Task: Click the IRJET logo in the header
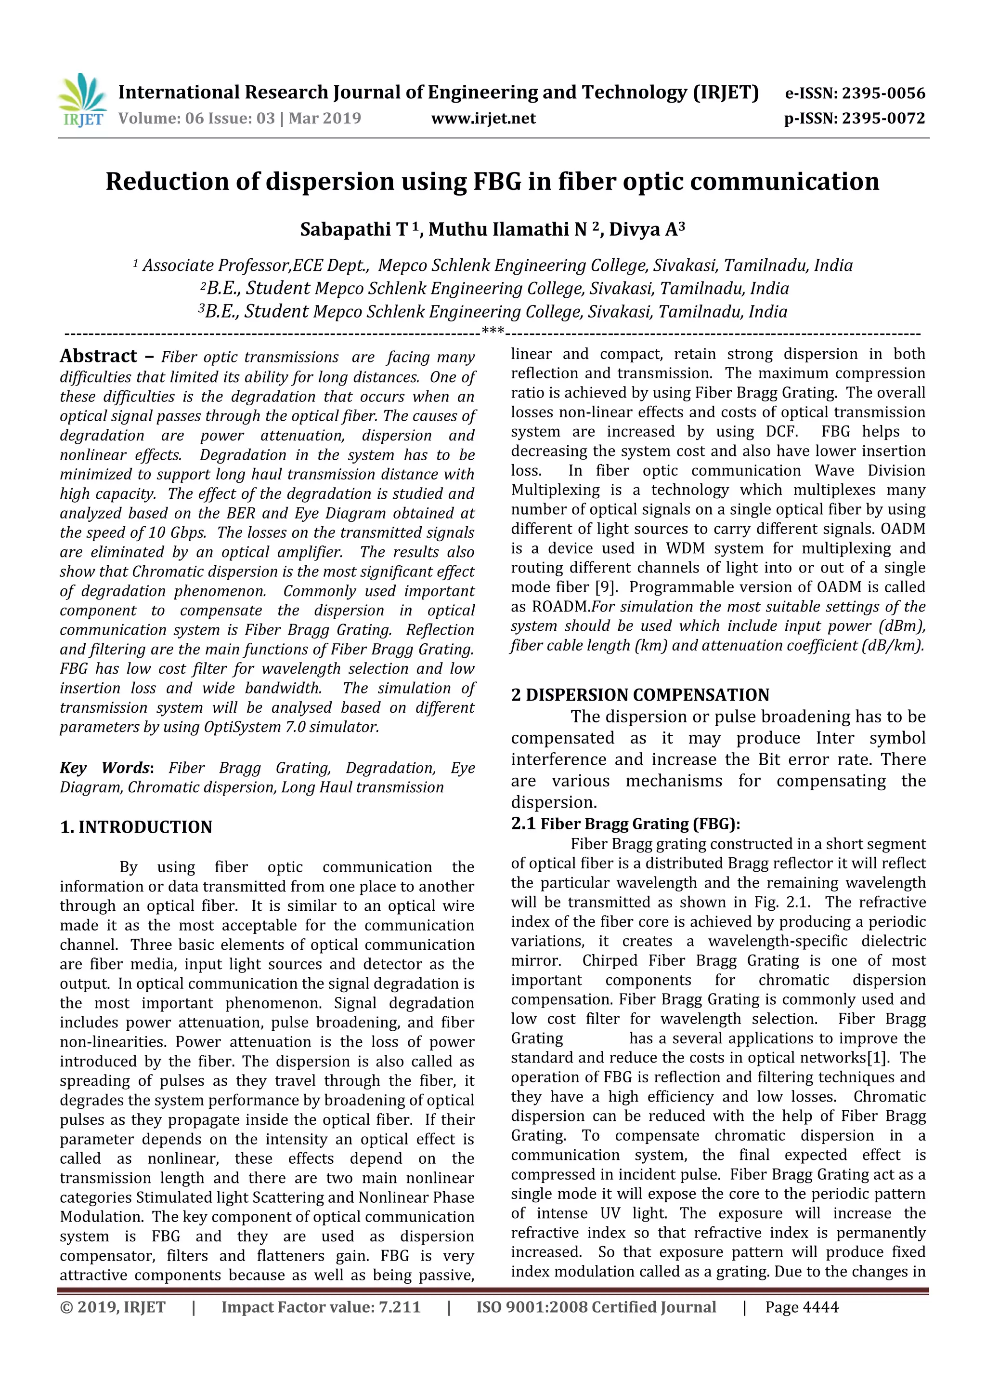coord(82,100)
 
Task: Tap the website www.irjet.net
coord(483,118)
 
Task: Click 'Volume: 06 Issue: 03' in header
coord(196,118)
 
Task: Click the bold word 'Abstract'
coord(98,356)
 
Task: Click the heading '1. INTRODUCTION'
coord(136,827)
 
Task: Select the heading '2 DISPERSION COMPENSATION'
coord(640,695)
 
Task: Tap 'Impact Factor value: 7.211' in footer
coord(320,1307)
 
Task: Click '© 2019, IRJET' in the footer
coord(112,1307)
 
